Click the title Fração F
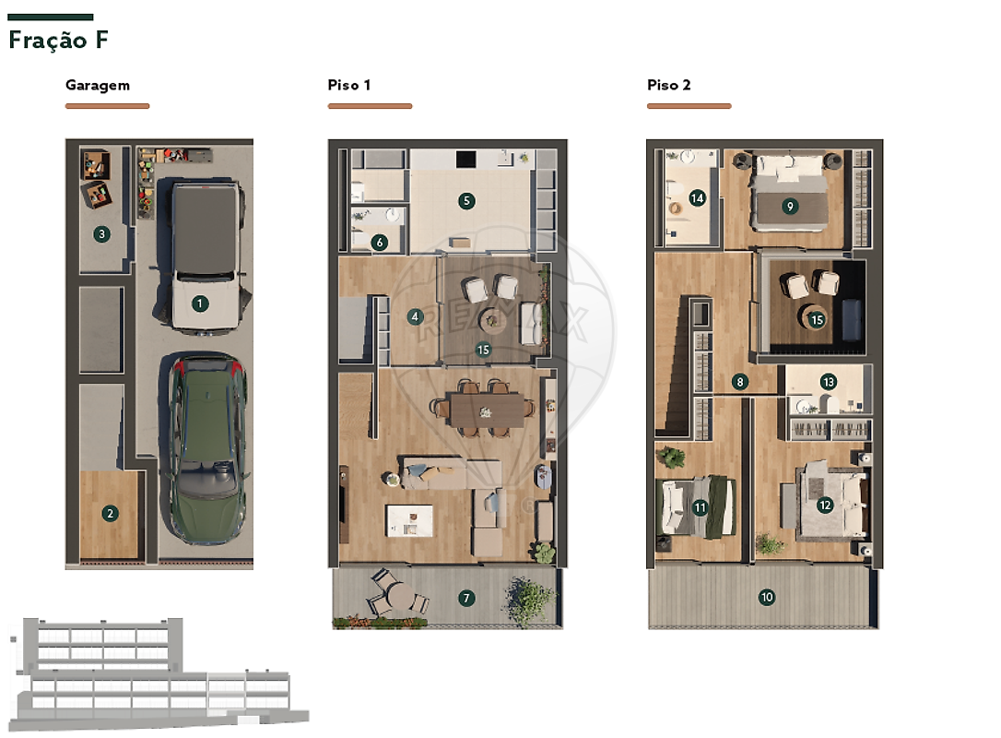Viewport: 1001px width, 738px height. pos(58,41)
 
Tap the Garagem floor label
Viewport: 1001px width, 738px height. pos(98,85)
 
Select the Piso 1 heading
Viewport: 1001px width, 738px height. pos(348,85)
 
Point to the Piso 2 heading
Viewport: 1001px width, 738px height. pos(668,85)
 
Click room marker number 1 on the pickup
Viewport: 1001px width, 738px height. pos(200,304)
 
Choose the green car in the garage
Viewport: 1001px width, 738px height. pos(207,448)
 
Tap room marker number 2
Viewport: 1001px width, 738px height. pos(110,513)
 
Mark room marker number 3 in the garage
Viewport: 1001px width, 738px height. pos(101,234)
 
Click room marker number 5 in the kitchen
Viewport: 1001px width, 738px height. pos(466,201)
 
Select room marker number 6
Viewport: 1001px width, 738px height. pos(380,243)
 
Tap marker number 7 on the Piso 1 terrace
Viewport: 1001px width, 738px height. pos(466,598)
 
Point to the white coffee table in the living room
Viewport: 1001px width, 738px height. pos(409,520)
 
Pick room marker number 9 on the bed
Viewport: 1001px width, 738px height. pos(790,207)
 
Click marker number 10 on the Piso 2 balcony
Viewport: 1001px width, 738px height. pos(767,598)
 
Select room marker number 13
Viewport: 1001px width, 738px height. pos(829,382)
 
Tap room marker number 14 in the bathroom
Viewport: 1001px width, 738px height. pos(697,198)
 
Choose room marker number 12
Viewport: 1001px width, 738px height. pos(825,506)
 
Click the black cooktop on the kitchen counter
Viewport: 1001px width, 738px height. pos(466,159)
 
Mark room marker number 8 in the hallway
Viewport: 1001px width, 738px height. pos(740,382)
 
